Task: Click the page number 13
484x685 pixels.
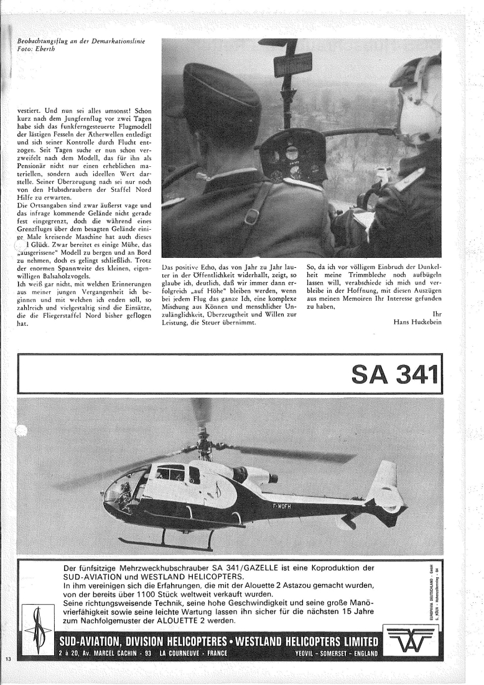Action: (x=8, y=659)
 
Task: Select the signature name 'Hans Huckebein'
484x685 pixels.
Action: (x=417, y=321)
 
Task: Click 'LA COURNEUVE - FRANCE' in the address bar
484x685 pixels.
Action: (x=193, y=654)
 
